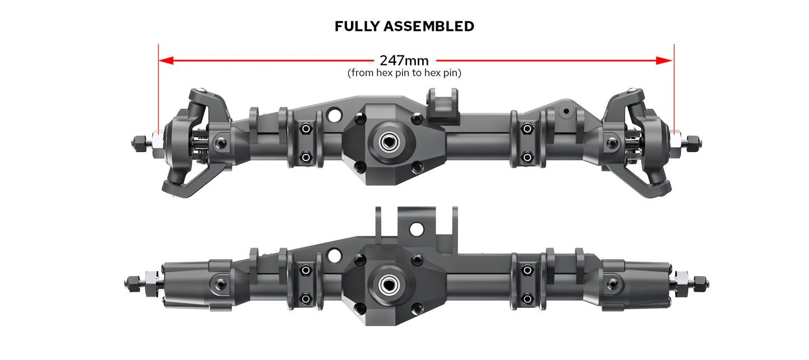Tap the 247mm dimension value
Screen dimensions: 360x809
[404, 60]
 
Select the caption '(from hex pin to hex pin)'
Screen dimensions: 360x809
[404, 73]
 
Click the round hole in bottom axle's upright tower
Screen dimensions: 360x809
[416, 229]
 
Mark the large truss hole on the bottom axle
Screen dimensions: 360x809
[334, 255]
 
